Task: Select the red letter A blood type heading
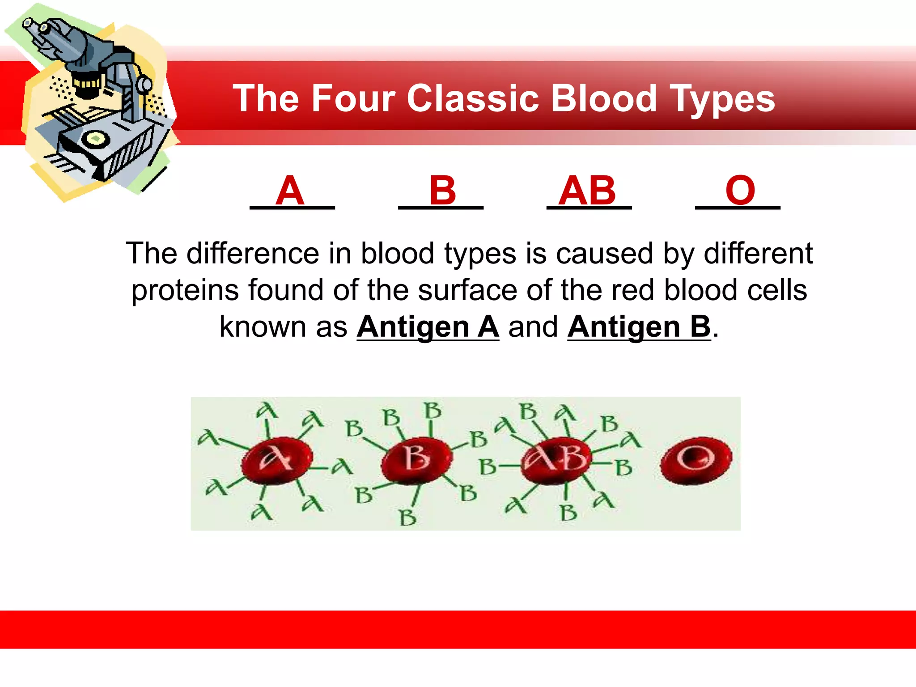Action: (x=290, y=191)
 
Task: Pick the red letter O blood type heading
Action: (x=740, y=191)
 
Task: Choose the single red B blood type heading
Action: (x=442, y=191)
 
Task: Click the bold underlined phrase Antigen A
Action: (x=428, y=327)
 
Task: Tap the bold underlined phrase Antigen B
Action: (x=639, y=327)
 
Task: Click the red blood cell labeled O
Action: (x=695, y=460)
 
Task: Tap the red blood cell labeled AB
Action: (x=556, y=459)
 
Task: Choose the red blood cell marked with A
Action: (x=276, y=460)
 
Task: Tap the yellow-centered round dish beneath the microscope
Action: (x=95, y=139)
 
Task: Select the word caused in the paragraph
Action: (x=605, y=254)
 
